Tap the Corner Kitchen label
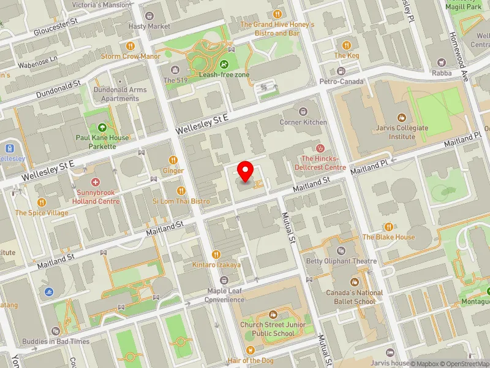[303, 122]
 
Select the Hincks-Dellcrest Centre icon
[318, 148]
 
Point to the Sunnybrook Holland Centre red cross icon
[95, 182]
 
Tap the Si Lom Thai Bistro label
[181, 201]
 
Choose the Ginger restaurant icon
[173, 159]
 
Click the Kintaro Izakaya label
[216, 264]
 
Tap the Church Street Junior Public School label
[267, 329]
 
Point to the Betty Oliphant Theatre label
[341, 261]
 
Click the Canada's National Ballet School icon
[354, 282]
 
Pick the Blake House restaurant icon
[388, 227]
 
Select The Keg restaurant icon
[347, 45]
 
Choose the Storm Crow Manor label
[130, 56]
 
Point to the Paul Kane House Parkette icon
[102, 127]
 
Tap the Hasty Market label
[149, 26]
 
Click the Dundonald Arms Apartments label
[120, 94]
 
